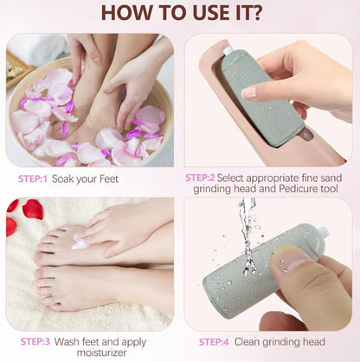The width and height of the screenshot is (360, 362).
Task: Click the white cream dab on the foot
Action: click(x=80, y=244)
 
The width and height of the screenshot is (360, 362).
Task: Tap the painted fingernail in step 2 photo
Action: click(x=249, y=91)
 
